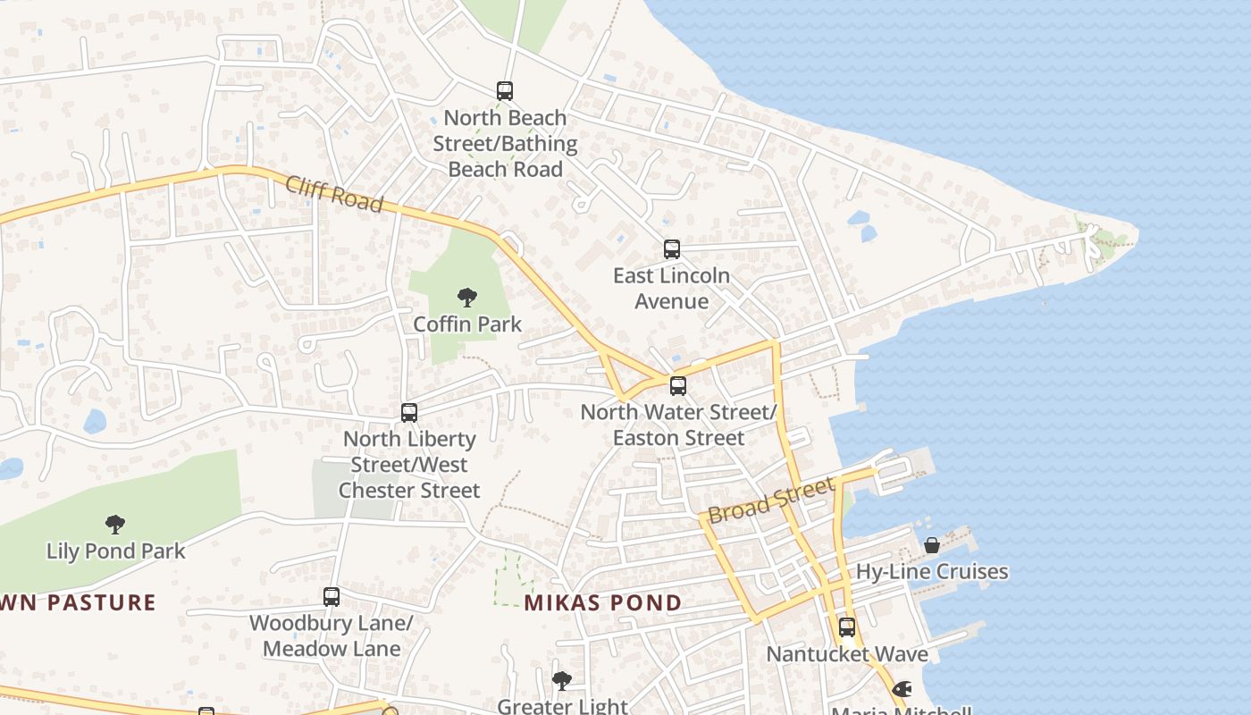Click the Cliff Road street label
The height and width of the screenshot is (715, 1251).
point(335,194)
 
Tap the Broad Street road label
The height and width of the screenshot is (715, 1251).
point(771,500)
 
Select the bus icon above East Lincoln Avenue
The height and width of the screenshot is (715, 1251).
point(672,249)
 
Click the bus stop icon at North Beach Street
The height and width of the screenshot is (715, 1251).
point(505,91)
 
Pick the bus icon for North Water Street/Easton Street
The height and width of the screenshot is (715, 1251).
point(678,386)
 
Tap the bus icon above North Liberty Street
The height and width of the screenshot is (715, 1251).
point(409,413)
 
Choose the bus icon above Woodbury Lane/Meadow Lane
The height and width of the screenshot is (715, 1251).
point(332,597)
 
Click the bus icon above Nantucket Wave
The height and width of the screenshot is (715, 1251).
point(847,627)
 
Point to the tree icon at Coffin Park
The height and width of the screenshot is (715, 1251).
point(466,298)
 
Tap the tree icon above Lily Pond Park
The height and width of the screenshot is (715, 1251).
point(115,525)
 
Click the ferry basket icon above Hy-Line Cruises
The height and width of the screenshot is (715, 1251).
point(932,545)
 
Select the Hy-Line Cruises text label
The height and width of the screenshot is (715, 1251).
point(932,572)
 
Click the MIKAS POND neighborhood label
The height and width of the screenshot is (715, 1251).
point(603,603)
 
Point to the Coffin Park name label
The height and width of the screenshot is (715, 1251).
point(467,324)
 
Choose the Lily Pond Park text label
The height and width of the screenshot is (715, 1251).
point(116,551)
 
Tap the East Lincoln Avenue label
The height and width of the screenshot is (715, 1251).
point(672,289)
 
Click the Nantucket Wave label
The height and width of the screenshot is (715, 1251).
point(847,654)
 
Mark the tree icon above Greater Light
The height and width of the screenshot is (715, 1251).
point(562,681)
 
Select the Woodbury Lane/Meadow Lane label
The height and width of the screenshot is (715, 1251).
point(332,635)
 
